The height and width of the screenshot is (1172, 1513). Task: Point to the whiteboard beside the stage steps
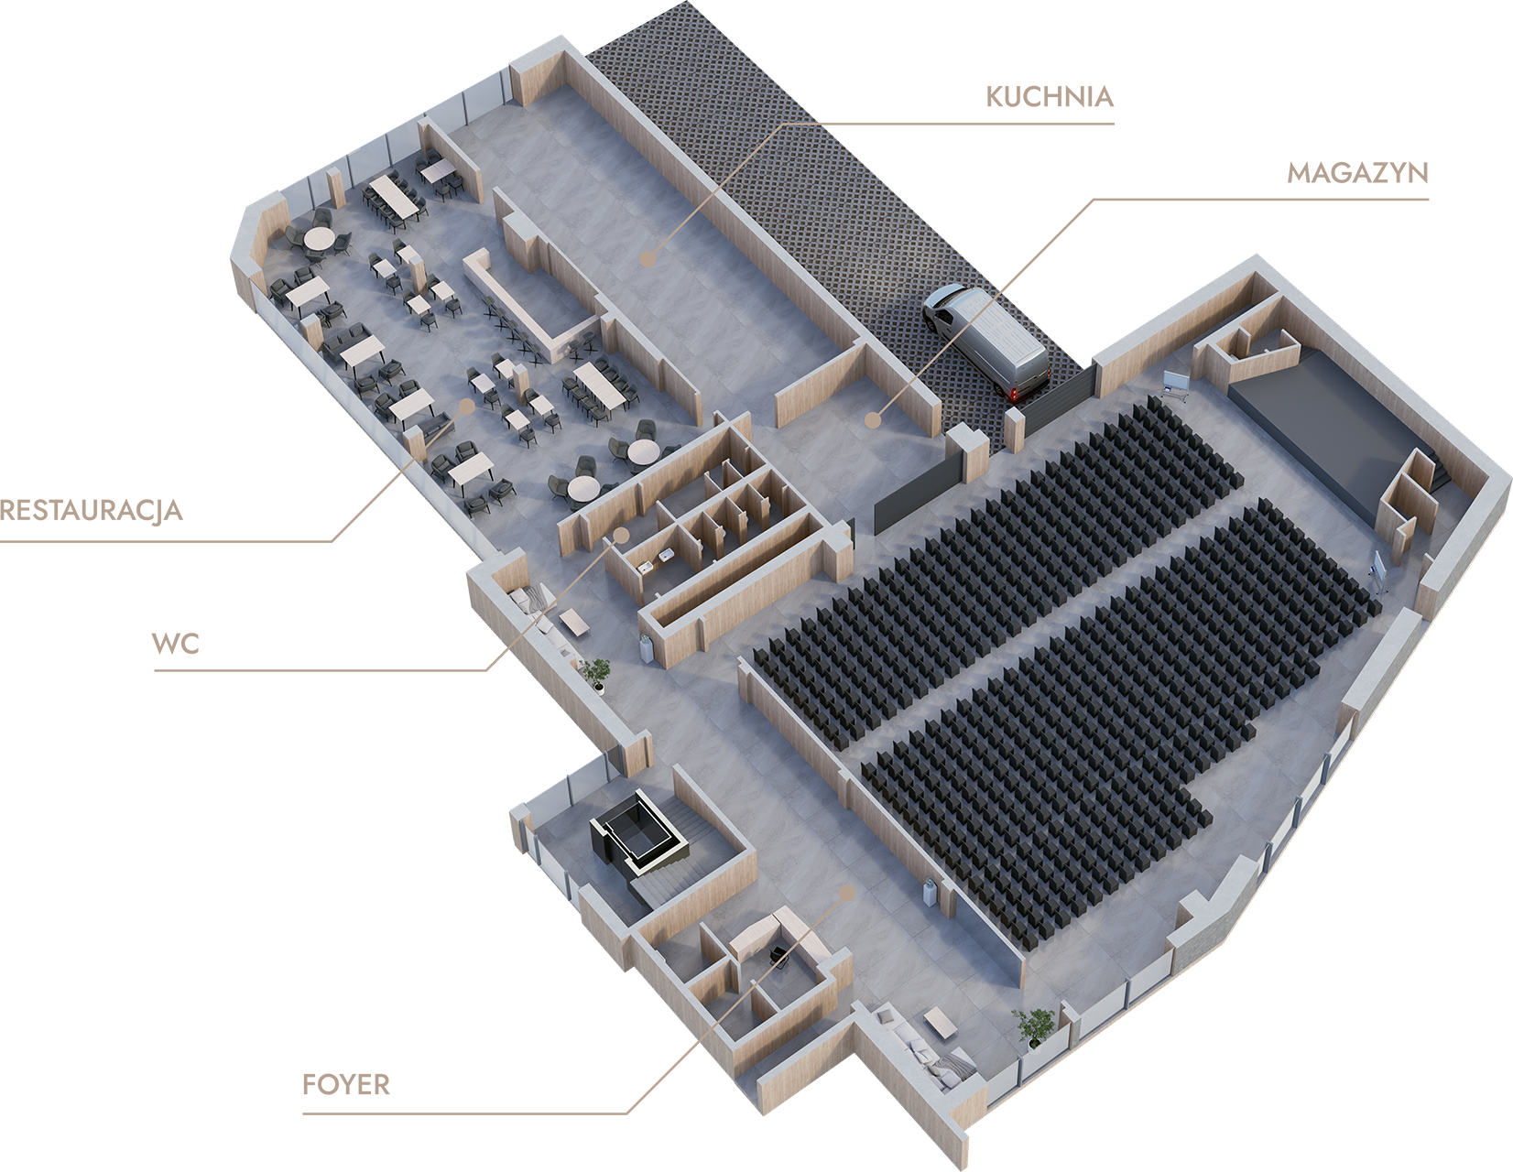pos(1376,569)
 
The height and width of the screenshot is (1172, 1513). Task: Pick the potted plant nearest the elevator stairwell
pos(597,673)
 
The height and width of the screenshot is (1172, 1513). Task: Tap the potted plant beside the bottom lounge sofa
pos(1034,1025)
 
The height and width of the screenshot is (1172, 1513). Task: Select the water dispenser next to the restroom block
pos(647,646)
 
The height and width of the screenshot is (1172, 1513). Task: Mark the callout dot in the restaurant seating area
pos(465,405)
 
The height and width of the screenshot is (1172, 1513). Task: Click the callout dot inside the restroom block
pos(622,534)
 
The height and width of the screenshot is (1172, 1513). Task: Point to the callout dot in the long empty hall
pos(648,260)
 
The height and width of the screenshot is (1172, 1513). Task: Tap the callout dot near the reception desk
pos(847,891)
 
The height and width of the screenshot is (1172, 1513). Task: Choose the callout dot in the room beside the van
pos(873,420)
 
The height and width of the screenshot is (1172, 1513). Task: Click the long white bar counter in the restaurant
pos(513,302)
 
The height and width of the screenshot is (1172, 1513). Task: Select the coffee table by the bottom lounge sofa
pos(941,1023)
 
